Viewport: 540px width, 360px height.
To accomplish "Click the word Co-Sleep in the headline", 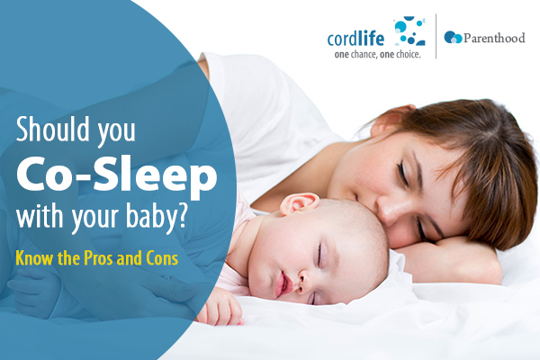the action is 117,176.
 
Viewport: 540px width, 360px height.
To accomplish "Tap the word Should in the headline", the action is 53,129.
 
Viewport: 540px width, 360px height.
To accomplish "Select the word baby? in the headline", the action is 157,216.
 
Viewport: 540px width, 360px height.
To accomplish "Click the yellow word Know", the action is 35,258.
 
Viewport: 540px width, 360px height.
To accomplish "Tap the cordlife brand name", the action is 355,39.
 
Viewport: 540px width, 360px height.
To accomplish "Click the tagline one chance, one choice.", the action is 377,54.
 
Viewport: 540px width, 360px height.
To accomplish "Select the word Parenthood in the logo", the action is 494,38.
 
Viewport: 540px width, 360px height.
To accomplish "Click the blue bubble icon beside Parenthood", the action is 453,37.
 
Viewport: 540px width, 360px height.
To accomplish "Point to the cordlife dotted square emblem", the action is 409,31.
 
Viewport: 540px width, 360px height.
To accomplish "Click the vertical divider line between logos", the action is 436,37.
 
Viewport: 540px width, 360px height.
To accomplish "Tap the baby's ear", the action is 299,203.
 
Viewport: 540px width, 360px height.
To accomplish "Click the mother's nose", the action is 389,211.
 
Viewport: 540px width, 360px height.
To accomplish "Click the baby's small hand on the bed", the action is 220,308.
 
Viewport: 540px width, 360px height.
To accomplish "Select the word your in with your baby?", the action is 95,218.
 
